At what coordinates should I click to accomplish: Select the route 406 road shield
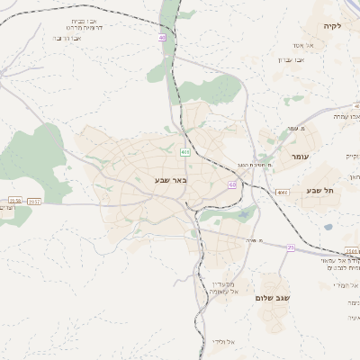(x=184, y=152)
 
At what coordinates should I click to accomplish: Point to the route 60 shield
(x=232, y=184)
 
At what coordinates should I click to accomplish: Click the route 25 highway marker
(x=291, y=247)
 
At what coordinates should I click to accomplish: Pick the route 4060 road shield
(x=283, y=193)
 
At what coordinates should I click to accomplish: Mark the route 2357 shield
(x=34, y=202)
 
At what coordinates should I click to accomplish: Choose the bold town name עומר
(x=298, y=156)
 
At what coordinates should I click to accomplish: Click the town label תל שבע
(x=319, y=190)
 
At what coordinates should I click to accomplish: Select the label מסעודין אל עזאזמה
(x=221, y=286)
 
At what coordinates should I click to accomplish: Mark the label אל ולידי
(x=223, y=341)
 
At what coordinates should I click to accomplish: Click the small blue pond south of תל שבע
(x=328, y=227)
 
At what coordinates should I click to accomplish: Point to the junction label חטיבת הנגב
(x=255, y=165)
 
